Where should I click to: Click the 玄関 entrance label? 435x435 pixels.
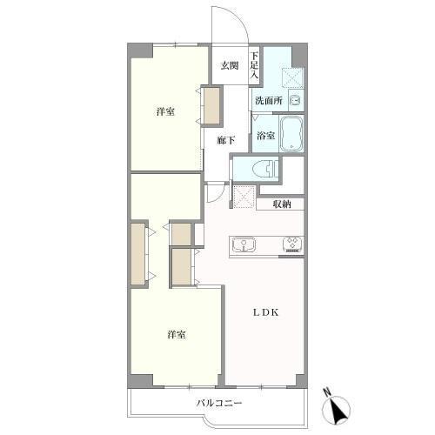click(x=230, y=65)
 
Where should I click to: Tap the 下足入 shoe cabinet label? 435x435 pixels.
click(x=254, y=65)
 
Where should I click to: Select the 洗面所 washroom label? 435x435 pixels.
click(x=269, y=101)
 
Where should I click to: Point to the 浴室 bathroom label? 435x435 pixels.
click(x=265, y=136)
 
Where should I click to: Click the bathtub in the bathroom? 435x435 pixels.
click(x=291, y=133)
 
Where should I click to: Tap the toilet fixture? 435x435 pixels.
click(x=265, y=169)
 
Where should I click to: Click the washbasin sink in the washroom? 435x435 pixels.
click(x=296, y=100)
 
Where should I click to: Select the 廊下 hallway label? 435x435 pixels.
click(x=226, y=140)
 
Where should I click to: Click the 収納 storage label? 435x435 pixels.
click(x=282, y=204)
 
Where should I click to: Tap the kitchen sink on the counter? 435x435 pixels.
click(x=244, y=244)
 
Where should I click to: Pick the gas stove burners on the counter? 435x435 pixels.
click(x=293, y=244)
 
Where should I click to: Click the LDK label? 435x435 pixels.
click(x=265, y=312)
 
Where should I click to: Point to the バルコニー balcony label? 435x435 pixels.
click(x=219, y=403)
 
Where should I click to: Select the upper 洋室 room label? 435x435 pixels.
click(x=165, y=111)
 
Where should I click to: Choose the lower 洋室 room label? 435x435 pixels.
click(x=177, y=334)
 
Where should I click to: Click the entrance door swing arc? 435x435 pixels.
click(x=238, y=17)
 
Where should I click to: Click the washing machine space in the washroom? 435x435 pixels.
click(x=292, y=77)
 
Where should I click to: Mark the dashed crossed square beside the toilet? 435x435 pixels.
click(x=244, y=197)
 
